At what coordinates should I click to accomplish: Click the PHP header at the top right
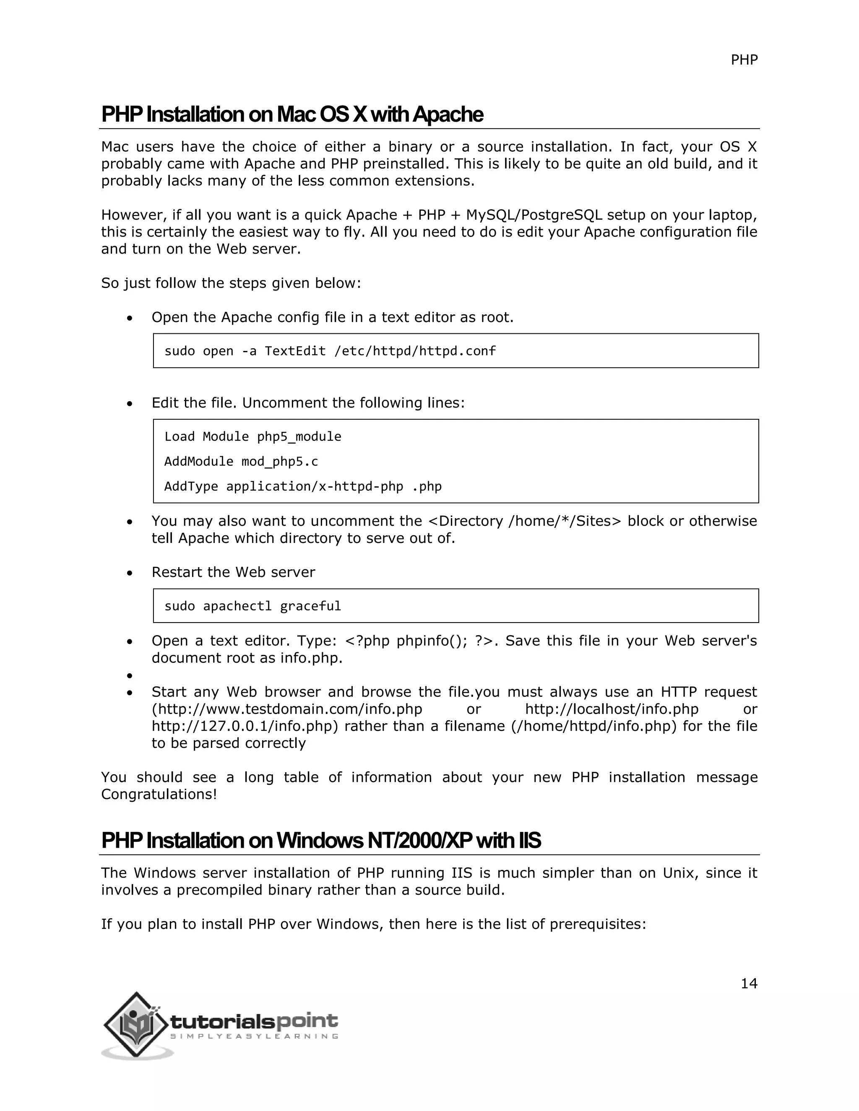[x=744, y=60]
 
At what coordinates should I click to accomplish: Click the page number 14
[x=749, y=984]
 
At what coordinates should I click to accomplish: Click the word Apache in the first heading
[x=448, y=114]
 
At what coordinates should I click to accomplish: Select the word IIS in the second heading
[x=530, y=840]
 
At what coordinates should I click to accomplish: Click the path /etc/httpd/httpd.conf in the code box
[x=415, y=351]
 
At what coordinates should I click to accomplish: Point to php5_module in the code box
[x=299, y=436]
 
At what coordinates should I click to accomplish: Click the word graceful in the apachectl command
[x=310, y=606]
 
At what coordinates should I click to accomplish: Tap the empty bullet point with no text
[x=130, y=675]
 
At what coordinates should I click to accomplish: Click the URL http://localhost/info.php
[x=612, y=709]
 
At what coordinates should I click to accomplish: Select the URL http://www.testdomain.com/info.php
[x=287, y=709]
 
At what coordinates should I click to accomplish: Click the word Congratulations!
[x=159, y=794]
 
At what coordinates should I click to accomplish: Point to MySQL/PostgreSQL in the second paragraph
[x=534, y=215]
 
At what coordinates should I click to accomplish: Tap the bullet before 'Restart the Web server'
[x=130, y=573]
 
